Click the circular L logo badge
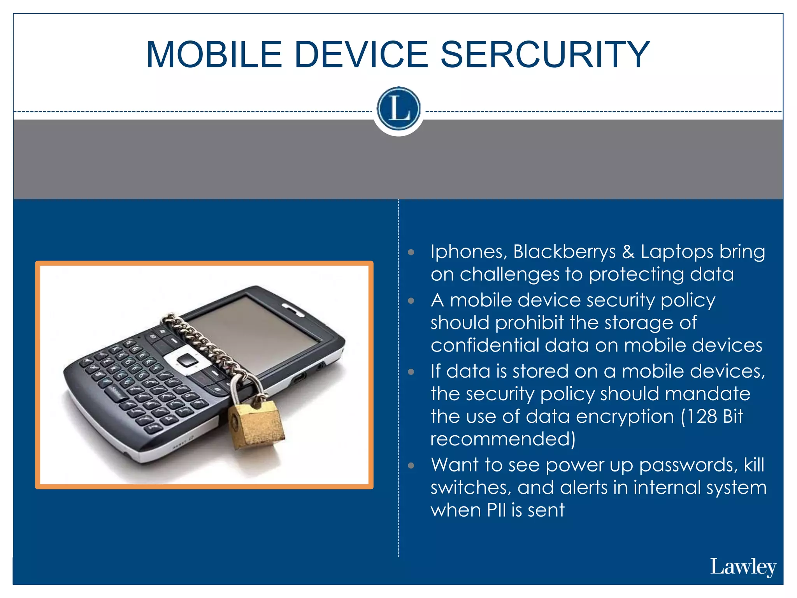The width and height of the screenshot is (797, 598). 398,109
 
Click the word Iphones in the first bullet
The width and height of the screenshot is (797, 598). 469,252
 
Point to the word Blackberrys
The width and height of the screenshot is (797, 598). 564,252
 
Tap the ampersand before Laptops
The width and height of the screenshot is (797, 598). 628,252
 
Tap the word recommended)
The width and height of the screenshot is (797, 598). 502,439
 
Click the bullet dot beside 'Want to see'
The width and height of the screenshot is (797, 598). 411,466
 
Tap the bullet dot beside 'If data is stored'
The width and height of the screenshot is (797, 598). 411,372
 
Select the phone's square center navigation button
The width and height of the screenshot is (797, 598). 188,360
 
